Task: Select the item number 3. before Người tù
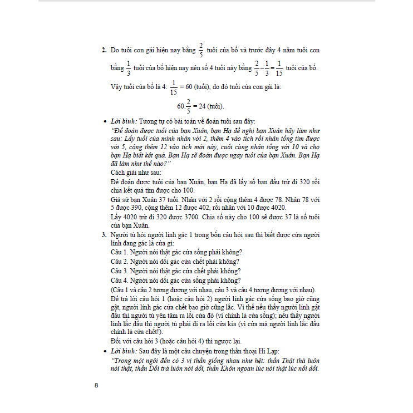104,235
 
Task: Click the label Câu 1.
119,252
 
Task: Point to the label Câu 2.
119,262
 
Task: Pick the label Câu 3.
119,271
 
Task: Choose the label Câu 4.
119,280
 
